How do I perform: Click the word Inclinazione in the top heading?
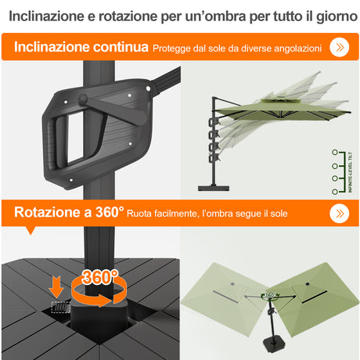(x=45, y=16)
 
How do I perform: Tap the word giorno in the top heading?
(x=327, y=16)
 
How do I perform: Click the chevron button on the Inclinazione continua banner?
(x=339, y=47)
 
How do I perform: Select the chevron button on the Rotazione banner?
(x=339, y=213)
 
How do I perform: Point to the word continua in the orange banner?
(x=118, y=48)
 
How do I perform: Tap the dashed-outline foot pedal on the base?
(x=58, y=307)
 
